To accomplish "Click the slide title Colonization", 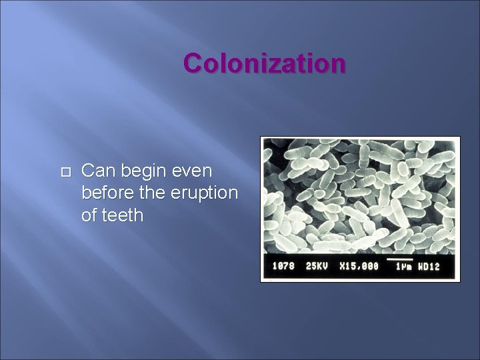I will point(265,63).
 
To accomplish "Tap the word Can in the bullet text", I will point(95,172).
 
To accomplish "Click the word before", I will point(105,193).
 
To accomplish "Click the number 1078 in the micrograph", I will point(284,267).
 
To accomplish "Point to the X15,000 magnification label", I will point(358,267).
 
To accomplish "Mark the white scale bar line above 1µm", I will point(399,257).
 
